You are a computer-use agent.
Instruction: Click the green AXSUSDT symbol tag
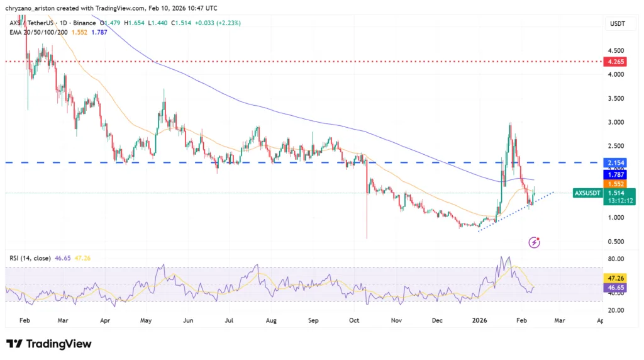[587, 193]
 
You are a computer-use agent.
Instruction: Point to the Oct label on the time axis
[354, 320]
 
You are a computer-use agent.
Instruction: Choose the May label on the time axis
[146, 320]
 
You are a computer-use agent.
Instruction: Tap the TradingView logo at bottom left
[49, 344]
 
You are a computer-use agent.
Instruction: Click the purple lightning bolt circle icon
[534, 242]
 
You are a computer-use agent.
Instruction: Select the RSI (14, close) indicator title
[29, 257]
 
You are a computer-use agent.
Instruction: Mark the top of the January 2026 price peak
[509, 123]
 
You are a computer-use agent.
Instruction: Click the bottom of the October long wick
[367, 238]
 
